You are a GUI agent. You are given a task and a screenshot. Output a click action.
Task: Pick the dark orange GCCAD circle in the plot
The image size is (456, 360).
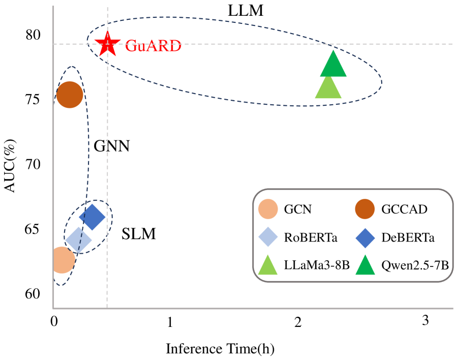coord(70,95)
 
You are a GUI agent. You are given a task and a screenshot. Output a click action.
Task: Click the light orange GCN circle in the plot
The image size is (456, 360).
coord(61,259)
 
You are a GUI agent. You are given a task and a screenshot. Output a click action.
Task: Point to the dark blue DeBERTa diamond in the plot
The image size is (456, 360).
coord(92,217)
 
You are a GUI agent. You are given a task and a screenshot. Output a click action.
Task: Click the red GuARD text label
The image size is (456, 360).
coord(153,45)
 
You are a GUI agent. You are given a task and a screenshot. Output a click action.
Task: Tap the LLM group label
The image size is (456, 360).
coord(246,11)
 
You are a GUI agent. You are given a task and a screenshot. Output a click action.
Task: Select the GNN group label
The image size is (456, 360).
coord(112,147)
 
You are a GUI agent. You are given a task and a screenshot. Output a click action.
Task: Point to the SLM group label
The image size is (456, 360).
coord(138,234)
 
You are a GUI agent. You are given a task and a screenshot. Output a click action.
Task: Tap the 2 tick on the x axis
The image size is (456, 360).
coord(298,321)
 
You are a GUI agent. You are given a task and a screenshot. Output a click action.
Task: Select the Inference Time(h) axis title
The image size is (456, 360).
coord(220,349)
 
